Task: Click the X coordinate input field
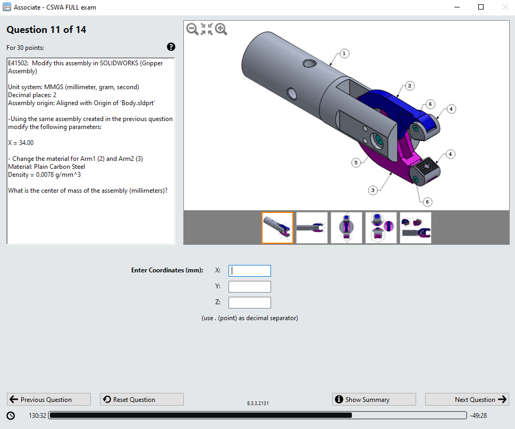tap(249, 271)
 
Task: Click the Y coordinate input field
tap(249, 287)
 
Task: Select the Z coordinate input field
tap(249, 303)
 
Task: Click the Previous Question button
tap(48, 400)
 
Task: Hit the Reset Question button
tap(141, 400)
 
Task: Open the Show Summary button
tap(374, 400)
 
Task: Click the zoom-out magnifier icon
tap(192, 30)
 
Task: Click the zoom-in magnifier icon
tap(221, 30)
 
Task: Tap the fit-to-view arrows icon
tap(207, 30)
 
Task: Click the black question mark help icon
tap(171, 47)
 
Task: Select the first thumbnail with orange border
tap(277, 228)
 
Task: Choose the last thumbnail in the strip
tap(415, 228)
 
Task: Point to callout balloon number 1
tap(344, 54)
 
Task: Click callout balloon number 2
tap(410, 85)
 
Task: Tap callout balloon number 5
tap(356, 163)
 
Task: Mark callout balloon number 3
tap(373, 190)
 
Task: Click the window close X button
tap(504, 7)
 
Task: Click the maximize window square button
tap(481, 7)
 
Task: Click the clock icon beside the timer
tap(11, 415)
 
